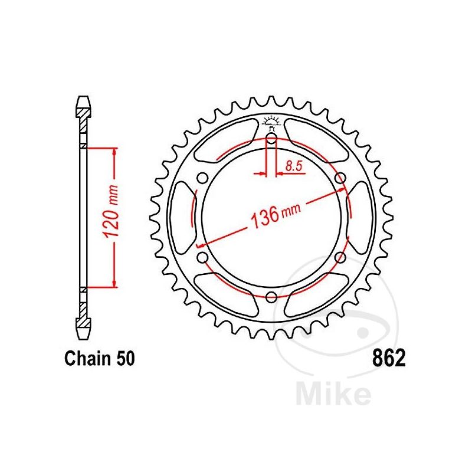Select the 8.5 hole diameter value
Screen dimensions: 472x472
(293, 166)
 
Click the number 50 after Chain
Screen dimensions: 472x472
(125, 359)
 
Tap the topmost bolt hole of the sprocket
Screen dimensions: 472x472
(271, 140)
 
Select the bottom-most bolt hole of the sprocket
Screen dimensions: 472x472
(271, 297)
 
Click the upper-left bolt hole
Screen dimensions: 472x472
(203, 179)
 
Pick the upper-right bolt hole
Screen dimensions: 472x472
(339, 179)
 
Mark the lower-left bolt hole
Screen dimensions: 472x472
(203, 257)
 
